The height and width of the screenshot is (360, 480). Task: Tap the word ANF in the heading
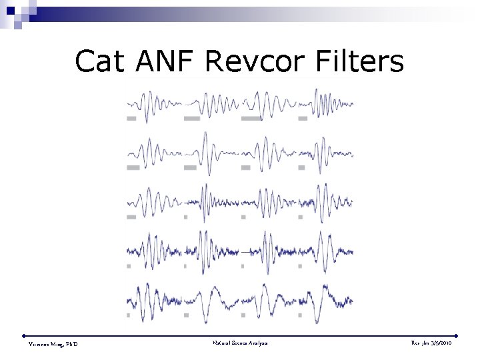coord(164,61)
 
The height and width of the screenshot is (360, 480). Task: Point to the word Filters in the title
coord(361,61)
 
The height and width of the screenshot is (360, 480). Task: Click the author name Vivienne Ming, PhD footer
coord(53,344)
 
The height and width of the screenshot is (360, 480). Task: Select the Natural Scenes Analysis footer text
coord(240,343)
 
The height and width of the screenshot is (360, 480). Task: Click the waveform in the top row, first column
coord(154,103)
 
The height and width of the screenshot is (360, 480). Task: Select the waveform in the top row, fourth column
coord(326,103)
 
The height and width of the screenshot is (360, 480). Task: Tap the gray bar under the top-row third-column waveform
coord(251,119)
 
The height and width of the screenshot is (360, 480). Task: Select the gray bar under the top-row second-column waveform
coord(192,119)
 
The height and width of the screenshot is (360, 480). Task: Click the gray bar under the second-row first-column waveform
coord(133,167)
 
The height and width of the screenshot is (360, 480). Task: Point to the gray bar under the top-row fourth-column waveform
coord(303,119)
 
